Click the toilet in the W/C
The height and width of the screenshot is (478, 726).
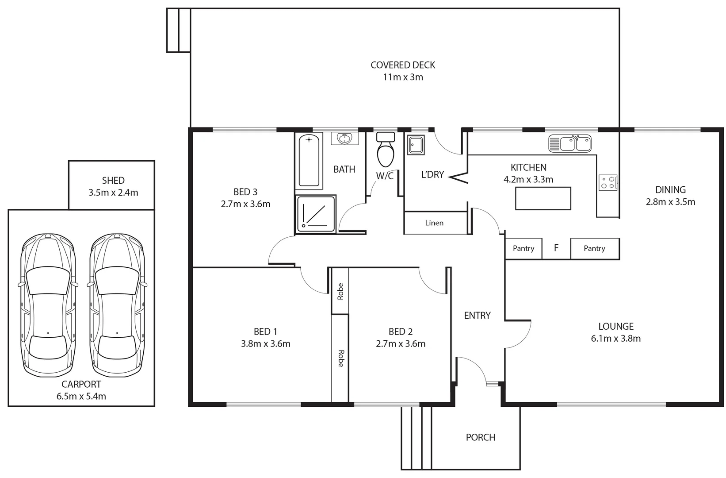pos(386,150)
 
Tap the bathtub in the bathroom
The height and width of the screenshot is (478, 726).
pos(309,161)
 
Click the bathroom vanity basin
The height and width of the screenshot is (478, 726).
pos(344,139)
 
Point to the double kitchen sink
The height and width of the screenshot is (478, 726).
pos(570,143)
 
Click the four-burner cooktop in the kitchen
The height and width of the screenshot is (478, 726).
pos(608,182)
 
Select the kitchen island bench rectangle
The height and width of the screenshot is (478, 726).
pos(543,198)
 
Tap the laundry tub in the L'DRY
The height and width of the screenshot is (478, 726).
pos(416,145)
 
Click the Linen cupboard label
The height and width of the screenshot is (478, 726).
pos(434,223)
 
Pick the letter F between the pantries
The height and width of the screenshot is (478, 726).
pos(556,248)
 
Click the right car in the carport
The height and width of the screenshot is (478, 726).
pos(117,305)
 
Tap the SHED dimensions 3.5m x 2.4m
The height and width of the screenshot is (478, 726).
pos(113,193)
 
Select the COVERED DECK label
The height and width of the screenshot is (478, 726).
pos(403,65)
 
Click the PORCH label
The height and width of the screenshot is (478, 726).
pos(480,437)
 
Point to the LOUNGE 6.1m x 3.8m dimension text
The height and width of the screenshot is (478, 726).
pos(615,339)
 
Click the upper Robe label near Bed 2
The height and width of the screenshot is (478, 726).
pos(340,291)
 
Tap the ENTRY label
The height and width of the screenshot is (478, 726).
pos(477,316)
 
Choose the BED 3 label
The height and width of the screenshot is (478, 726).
pos(245,192)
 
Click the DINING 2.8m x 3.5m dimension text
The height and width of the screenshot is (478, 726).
pos(670,202)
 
